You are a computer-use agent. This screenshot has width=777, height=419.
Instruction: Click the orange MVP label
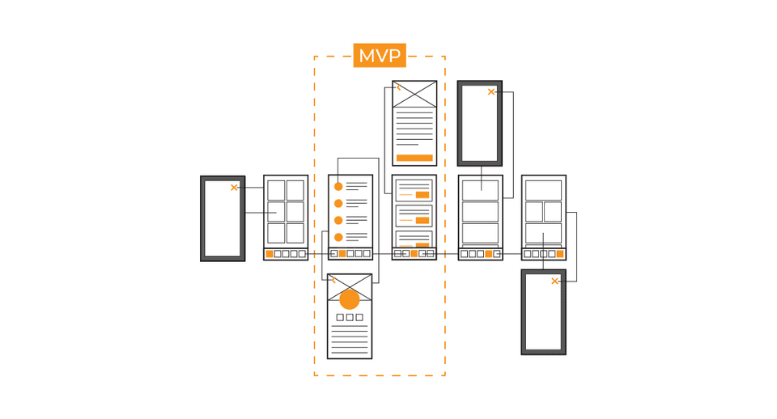[x=380, y=56]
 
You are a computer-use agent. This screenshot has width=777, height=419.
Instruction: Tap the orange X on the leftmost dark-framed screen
[x=234, y=188]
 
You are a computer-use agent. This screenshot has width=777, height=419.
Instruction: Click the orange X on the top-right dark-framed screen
[x=491, y=91]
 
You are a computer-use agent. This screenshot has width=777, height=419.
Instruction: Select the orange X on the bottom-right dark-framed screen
[x=554, y=281]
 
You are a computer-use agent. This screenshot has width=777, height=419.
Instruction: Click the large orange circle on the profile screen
[x=350, y=299]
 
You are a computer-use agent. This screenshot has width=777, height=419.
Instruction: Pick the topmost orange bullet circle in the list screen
[x=338, y=187]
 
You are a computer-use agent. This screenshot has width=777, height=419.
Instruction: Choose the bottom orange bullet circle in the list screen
[x=338, y=237]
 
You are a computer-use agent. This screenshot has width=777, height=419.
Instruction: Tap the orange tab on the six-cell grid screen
[x=269, y=254]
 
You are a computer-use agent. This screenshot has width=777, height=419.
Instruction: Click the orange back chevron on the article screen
[x=398, y=87]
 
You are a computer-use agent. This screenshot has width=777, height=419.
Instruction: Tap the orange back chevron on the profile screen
[x=333, y=281]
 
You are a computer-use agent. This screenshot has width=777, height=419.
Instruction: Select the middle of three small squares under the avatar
[x=350, y=317]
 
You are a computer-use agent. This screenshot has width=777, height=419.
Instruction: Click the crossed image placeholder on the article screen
[x=414, y=94]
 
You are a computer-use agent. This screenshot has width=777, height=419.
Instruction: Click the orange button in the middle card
[x=422, y=220]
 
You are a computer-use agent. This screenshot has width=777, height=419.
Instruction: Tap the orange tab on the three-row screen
[x=489, y=254]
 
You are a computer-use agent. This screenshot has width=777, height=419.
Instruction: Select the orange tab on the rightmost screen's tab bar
[x=560, y=254]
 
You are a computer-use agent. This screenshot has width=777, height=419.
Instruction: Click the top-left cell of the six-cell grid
[x=277, y=190]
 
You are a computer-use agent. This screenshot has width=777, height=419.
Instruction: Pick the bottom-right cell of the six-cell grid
[x=295, y=233]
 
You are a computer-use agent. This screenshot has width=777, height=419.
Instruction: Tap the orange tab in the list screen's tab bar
[x=342, y=254]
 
